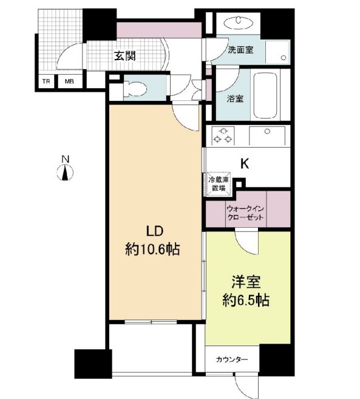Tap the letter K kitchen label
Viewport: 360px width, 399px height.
point(244,163)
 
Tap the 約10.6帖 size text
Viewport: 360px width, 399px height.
point(154,248)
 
